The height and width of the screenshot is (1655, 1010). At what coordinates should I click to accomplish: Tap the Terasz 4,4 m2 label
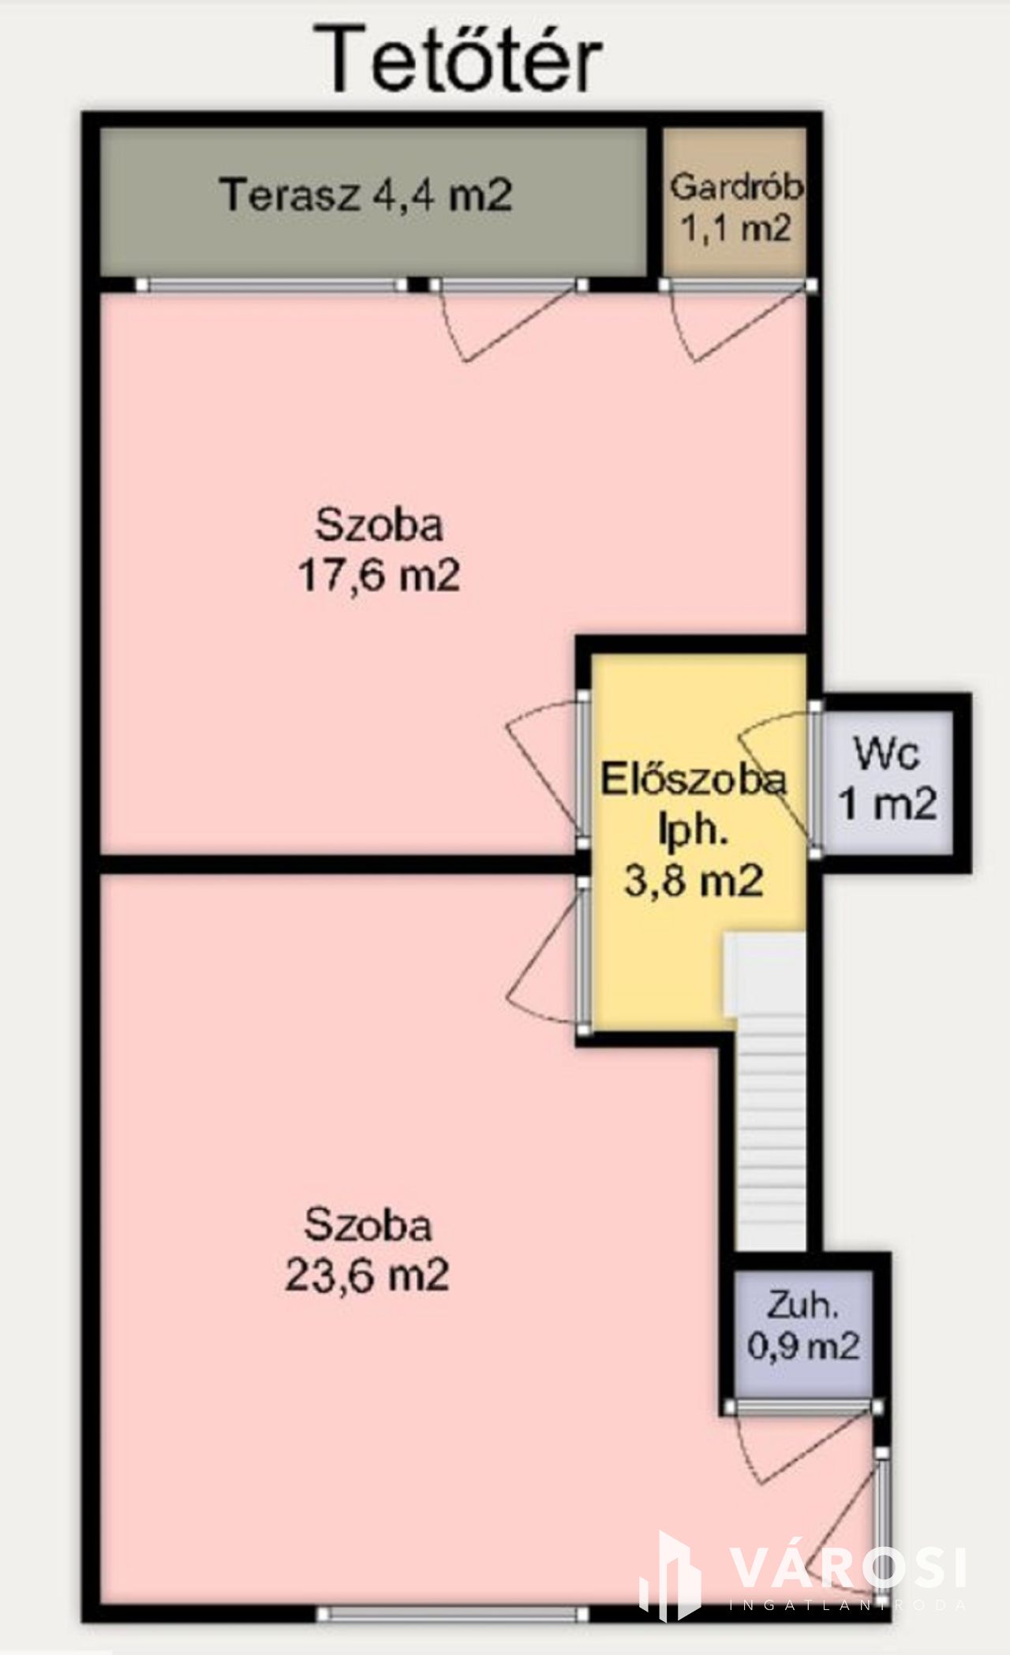(x=367, y=194)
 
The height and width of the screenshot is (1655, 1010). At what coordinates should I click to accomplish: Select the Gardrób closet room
(x=735, y=203)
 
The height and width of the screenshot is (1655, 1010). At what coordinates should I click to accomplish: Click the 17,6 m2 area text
(x=379, y=576)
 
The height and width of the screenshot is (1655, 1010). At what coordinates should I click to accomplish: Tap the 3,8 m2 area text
(x=694, y=880)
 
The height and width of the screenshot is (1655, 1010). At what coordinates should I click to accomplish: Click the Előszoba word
(x=694, y=779)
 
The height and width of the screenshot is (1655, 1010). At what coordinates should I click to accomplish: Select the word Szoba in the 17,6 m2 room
(x=379, y=525)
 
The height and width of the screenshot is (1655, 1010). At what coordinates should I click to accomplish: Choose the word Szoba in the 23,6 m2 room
(x=368, y=1225)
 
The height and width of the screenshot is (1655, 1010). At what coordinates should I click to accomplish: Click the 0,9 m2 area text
(x=802, y=1346)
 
